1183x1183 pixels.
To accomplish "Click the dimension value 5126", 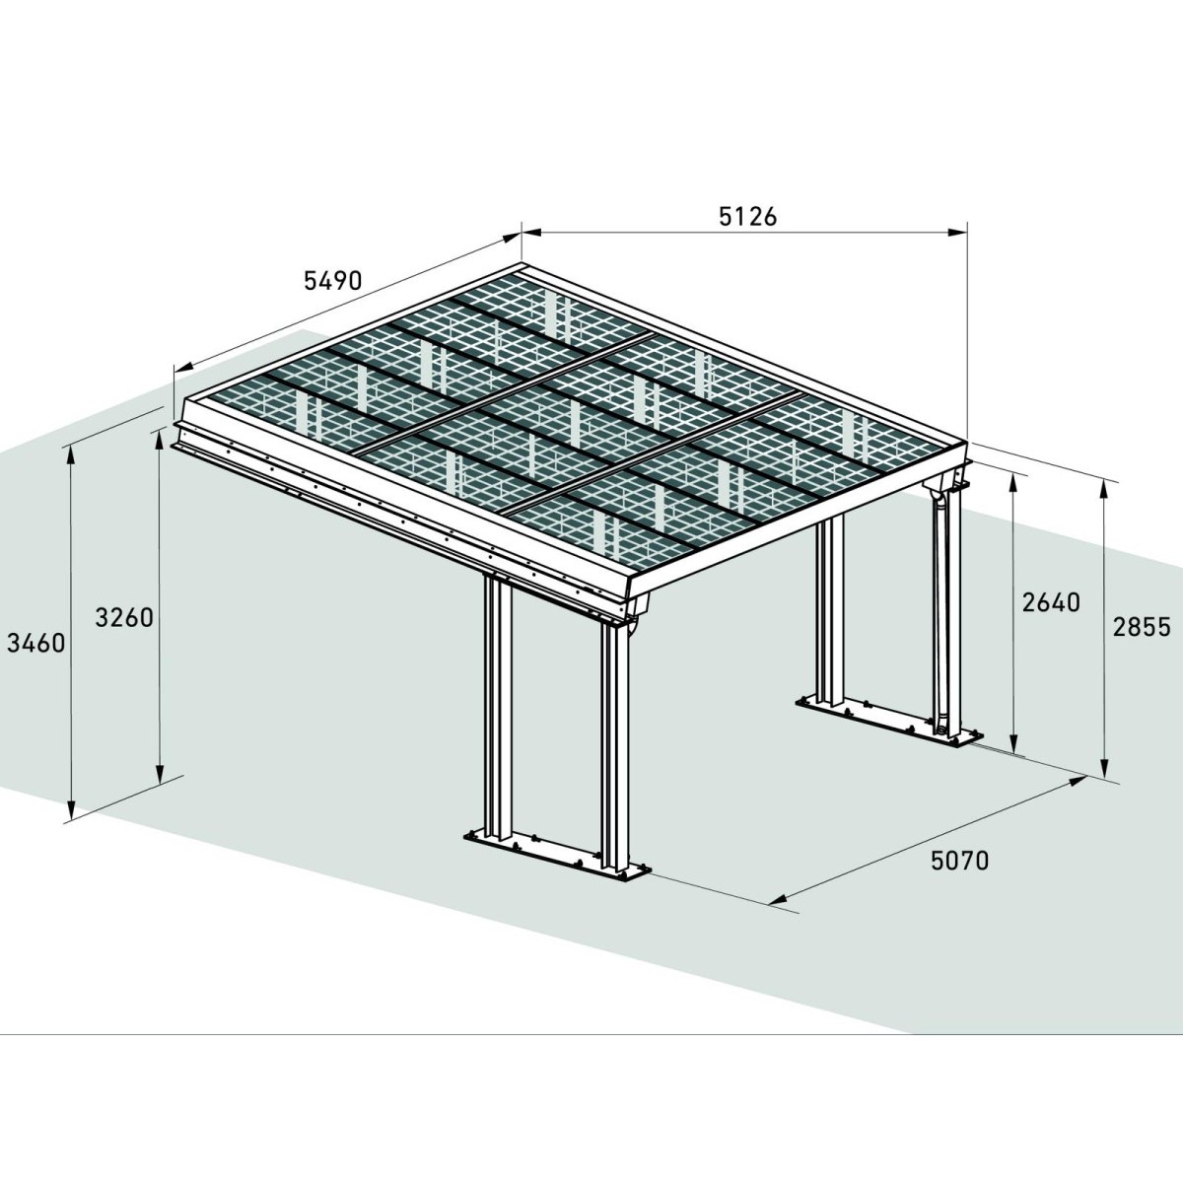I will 749,216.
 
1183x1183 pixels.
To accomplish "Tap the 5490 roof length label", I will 332,281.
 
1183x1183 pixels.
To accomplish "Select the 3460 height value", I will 35,644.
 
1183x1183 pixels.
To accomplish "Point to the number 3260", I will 124,618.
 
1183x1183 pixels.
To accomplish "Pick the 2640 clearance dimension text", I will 1051,601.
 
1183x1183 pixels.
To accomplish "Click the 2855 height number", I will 1142,626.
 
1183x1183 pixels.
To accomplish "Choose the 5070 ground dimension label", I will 959,861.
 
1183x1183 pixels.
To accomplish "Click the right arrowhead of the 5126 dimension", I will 958,234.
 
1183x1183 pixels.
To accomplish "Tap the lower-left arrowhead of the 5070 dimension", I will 775,899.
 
